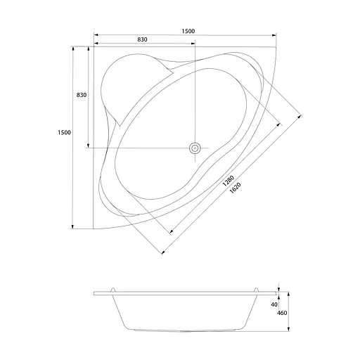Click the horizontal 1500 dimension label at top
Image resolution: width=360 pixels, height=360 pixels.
(x=188, y=31)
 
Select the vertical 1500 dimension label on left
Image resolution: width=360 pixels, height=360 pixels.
(x=64, y=132)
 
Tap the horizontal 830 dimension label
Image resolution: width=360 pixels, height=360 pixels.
(x=142, y=39)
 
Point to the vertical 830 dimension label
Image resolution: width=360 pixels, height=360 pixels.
(x=82, y=95)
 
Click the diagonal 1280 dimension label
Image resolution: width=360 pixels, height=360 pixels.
(x=228, y=181)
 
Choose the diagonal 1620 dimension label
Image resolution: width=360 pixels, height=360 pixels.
(x=235, y=188)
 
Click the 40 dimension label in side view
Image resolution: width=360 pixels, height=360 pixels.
(x=274, y=304)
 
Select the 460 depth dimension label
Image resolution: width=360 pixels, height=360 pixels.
(x=282, y=313)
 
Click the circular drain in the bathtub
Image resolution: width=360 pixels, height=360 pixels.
(x=195, y=148)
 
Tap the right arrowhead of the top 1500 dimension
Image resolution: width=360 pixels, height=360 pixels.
(x=274, y=35)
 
